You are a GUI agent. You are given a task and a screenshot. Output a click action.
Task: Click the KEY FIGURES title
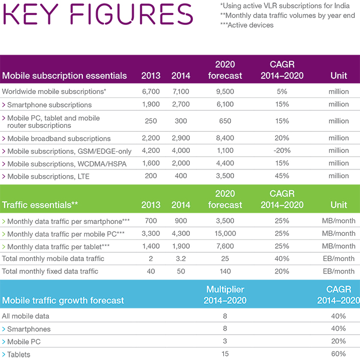98,14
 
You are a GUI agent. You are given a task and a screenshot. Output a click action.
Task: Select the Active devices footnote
247,25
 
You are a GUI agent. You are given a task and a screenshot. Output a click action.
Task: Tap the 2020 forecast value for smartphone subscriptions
225,105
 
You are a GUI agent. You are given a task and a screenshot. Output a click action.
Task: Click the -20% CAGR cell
282,150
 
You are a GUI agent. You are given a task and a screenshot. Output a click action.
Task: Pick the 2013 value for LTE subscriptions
151,176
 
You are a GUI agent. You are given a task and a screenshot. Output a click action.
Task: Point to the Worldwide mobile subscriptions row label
54,91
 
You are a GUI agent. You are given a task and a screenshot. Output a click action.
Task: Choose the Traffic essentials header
40,204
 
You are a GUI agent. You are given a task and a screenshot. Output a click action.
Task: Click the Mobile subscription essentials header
64,76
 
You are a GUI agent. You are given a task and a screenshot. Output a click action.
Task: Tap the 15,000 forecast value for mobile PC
225,233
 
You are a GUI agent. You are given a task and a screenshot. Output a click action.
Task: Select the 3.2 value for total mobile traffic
181,259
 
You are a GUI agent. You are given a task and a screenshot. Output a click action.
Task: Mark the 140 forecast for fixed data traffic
225,271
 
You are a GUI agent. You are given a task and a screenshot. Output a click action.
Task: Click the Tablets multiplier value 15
225,354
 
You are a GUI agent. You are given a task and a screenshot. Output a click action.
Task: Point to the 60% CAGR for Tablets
338,354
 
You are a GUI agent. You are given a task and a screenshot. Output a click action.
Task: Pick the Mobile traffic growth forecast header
63,300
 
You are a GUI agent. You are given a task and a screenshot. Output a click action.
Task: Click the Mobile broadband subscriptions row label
59,139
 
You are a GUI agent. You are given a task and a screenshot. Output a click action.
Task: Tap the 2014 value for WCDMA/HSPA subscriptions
181,163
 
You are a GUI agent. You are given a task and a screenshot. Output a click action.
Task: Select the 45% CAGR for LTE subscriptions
282,176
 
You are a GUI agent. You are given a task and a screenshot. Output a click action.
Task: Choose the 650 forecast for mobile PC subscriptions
225,121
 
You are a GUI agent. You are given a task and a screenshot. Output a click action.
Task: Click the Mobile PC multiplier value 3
225,341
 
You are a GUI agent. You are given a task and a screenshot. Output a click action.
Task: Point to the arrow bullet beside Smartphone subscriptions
4,105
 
